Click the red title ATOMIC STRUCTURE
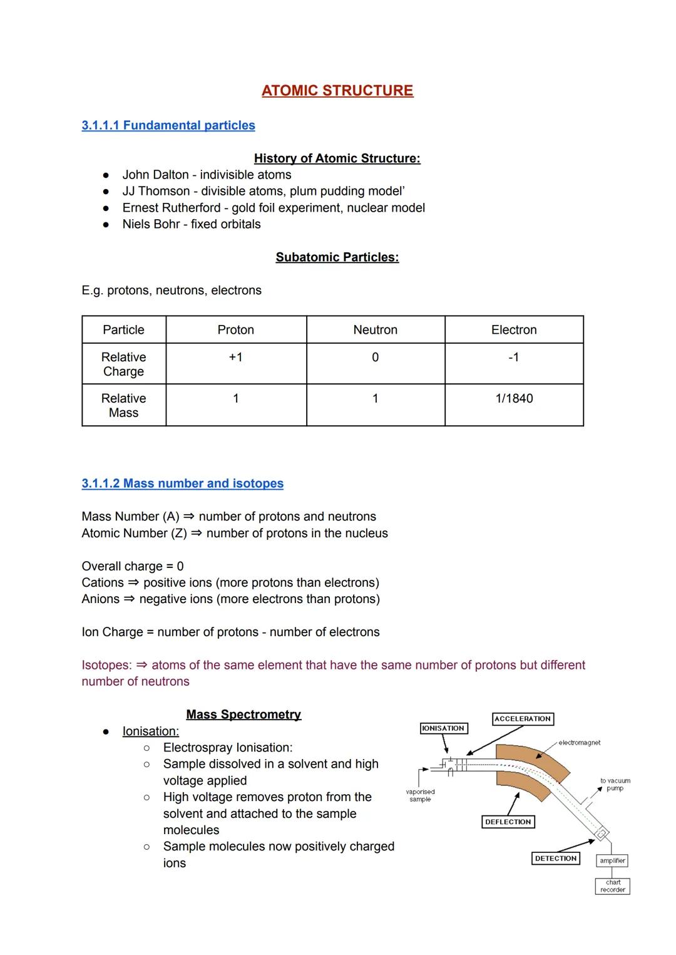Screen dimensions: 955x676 point(337,91)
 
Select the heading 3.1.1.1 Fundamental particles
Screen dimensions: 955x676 point(168,125)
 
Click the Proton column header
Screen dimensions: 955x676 point(235,330)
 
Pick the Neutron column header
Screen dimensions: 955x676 point(375,330)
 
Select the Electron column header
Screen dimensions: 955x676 point(514,330)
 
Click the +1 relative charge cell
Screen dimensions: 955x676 point(235,357)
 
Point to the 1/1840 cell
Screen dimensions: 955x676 point(514,398)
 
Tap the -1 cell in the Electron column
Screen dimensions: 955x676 point(514,357)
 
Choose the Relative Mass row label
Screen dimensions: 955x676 point(123,405)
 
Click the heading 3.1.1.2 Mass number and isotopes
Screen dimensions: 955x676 point(182,483)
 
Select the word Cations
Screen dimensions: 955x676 point(103,583)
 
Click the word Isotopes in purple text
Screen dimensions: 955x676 point(106,665)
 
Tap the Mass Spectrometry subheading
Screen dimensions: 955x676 point(243,715)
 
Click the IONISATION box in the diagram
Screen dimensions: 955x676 point(443,728)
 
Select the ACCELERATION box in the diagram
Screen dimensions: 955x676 point(523,719)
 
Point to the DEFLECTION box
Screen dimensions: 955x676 point(508,822)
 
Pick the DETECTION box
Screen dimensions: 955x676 point(556,859)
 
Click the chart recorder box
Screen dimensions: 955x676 point(612,886)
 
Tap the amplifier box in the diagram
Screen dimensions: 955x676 point(612,861)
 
